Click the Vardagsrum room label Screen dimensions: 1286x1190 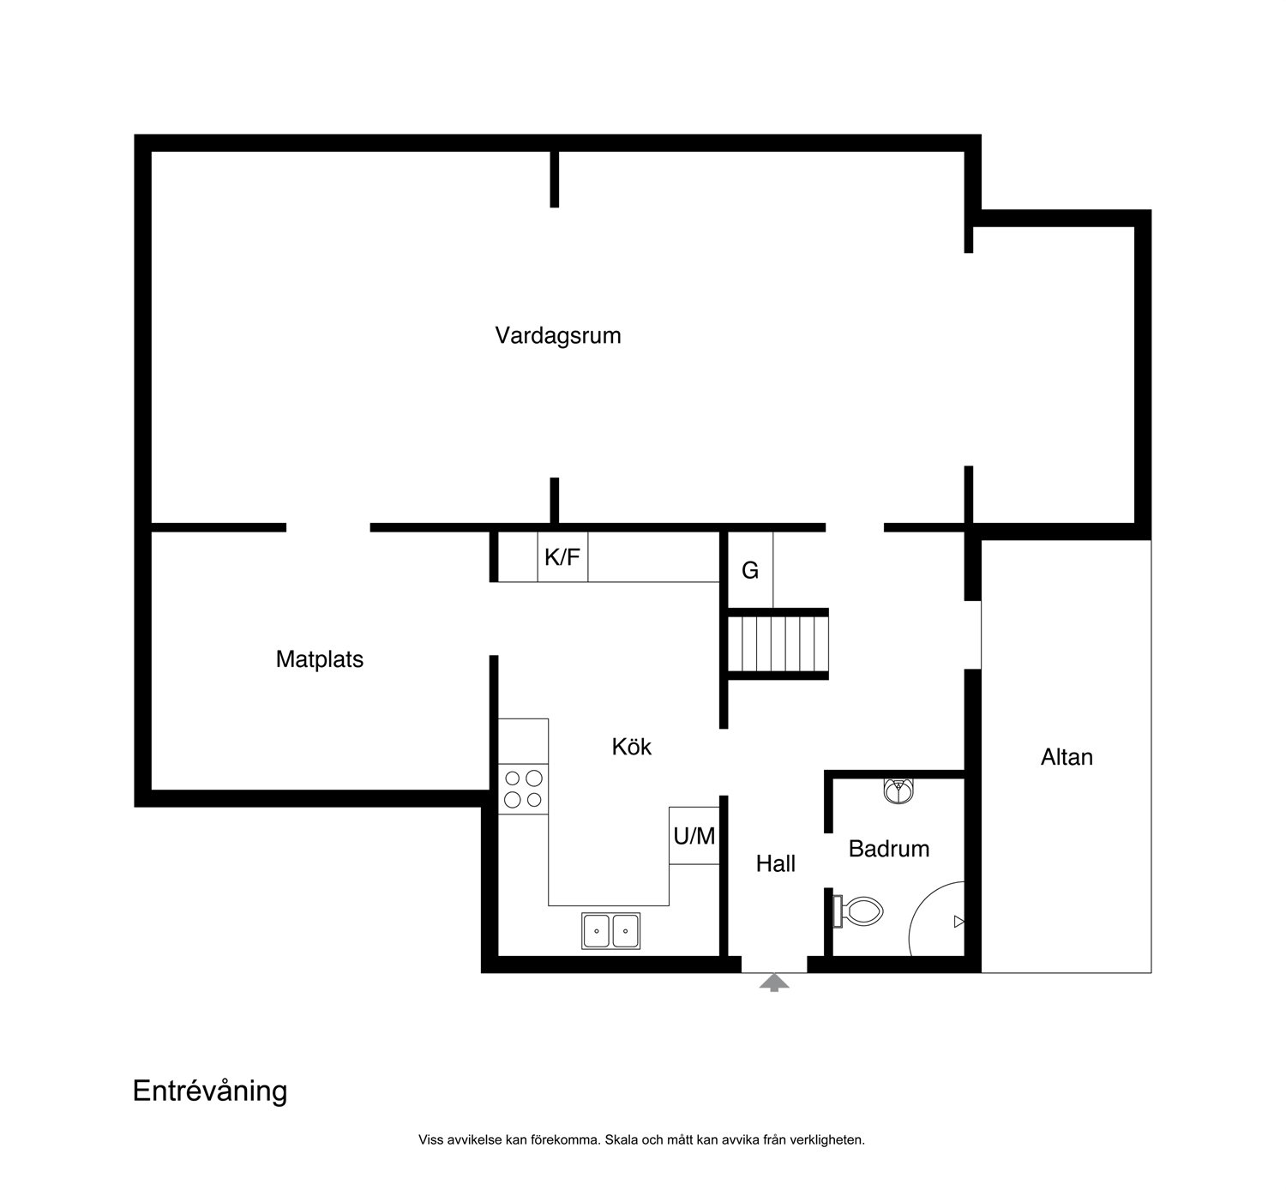point(557,335)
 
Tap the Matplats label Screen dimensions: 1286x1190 point(319,659)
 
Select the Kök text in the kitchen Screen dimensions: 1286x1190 point(631,747)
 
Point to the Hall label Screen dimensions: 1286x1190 point(775,863)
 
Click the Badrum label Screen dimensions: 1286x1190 point(888,849)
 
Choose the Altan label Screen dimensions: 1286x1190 point(1067,757)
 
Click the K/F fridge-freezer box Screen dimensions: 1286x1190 point(562,557)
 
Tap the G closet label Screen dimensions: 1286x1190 point(750,570)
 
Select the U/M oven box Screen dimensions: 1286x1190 point(694,835)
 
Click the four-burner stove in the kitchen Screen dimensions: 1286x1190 point(523,789)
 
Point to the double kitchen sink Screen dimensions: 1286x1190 point(610,931)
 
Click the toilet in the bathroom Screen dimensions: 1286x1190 point(858,911)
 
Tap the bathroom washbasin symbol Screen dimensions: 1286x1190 point(898,791)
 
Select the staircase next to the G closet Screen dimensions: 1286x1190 point(778,644)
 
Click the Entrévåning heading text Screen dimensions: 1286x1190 point(210,1091)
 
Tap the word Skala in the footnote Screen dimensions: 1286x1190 point(619,1140)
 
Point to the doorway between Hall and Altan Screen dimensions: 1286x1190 point(972,634)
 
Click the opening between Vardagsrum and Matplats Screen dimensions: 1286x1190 point(328,528)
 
